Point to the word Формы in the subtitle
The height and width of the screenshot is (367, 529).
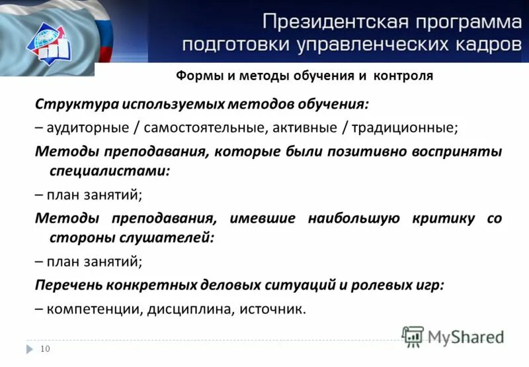pos(196,76)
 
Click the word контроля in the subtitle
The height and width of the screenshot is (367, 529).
pos(403,76)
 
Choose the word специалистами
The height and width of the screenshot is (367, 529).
pos(110,170)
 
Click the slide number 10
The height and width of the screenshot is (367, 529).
pos(46,349)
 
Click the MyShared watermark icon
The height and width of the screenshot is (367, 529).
pos(413,336)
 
